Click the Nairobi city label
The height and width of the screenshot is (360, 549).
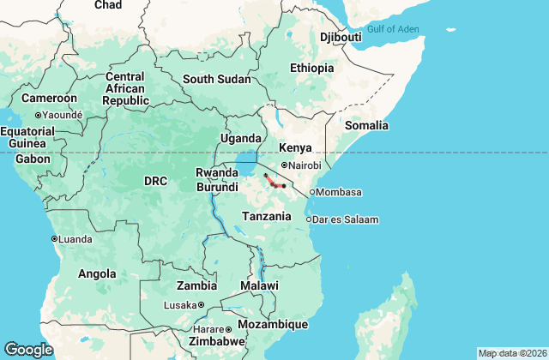[305, 165]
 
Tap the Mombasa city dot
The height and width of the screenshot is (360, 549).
[312, 192]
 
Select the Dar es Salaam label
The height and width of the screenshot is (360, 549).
[347, 219]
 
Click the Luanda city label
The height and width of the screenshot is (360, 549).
[76, 238]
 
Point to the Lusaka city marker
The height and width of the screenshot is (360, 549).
[201, 304]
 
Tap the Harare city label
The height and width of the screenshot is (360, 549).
[209, 329]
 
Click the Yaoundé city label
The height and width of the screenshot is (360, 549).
[63, 114]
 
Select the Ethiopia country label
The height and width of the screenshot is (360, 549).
[311, 68]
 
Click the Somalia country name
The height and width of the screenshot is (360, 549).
[366, 125]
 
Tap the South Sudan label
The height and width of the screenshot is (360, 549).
[217, 79]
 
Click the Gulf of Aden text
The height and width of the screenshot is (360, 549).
[393, 30]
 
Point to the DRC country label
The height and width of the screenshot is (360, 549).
[155, 181]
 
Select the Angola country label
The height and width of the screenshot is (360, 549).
[97, 274]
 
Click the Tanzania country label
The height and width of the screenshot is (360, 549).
[266, 216]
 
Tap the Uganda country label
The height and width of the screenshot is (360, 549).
[241, 138]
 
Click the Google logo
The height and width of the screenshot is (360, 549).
[28, 349]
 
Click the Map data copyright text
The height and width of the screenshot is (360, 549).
[511, 353]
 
